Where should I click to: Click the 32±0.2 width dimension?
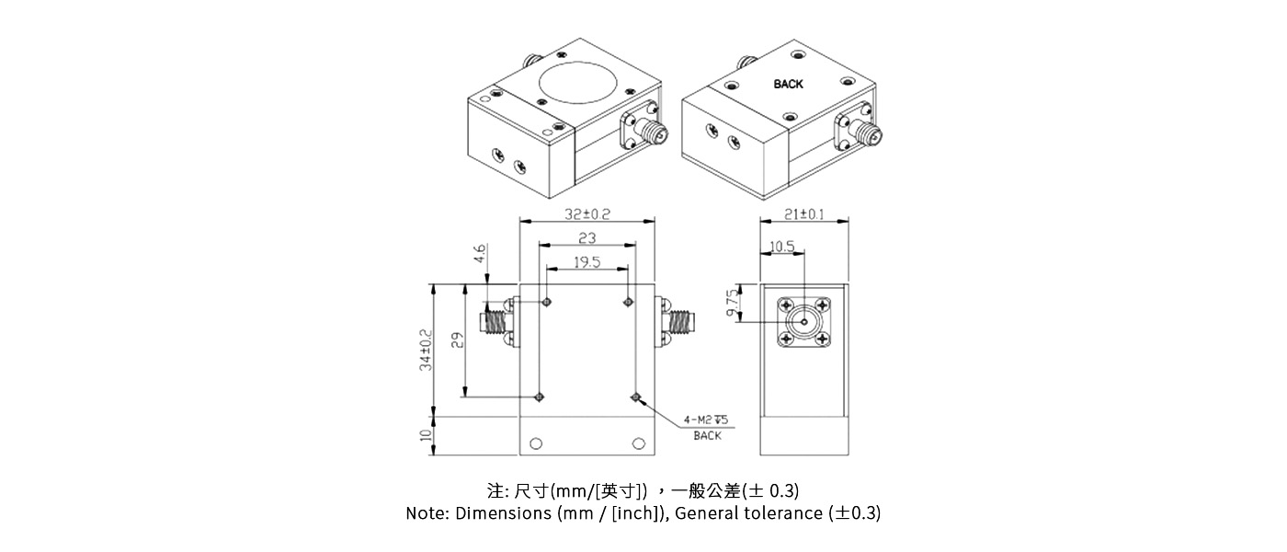[x=587, y=214]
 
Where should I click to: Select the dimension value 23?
[x=587, y=238]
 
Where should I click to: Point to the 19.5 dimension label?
[x=587, y=262]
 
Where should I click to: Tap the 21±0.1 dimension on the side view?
[x=803, y=214]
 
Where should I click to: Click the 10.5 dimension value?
[x=781, y=247]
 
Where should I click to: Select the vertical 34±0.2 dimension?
[x=426, y=351]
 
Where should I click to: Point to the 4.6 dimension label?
[x=479, y=255]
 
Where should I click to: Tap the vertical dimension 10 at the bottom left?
[x=426, y=435]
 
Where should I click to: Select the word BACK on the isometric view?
[x=788, y=84]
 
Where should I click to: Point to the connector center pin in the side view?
[x=803, y=321]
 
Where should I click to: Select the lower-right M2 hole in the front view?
[x=635, y=397]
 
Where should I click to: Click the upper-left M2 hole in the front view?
[x=547, y=302]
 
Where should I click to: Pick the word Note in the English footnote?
[x=426, y=513]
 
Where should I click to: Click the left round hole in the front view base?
[x=537, y=443]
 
